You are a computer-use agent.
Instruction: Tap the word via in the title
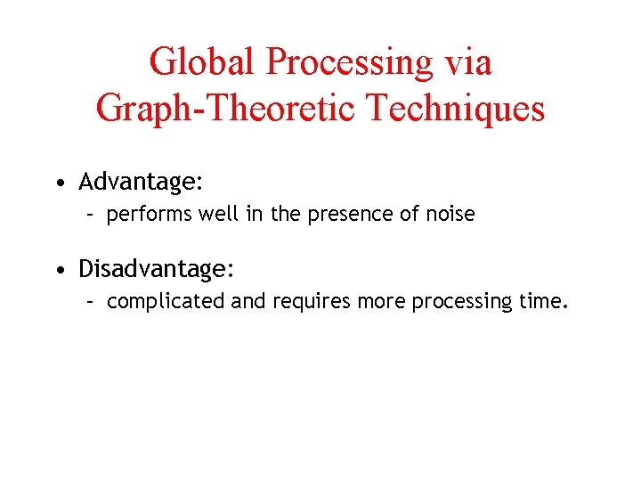tap(468, 62)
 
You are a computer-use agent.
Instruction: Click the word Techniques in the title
tap(455, 109)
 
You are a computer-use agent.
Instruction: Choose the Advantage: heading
tap(142, 183)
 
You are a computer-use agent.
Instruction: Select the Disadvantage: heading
tap(157, 268)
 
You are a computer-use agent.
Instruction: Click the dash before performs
tap(90, 215)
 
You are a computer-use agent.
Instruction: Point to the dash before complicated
tap(90, 301)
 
